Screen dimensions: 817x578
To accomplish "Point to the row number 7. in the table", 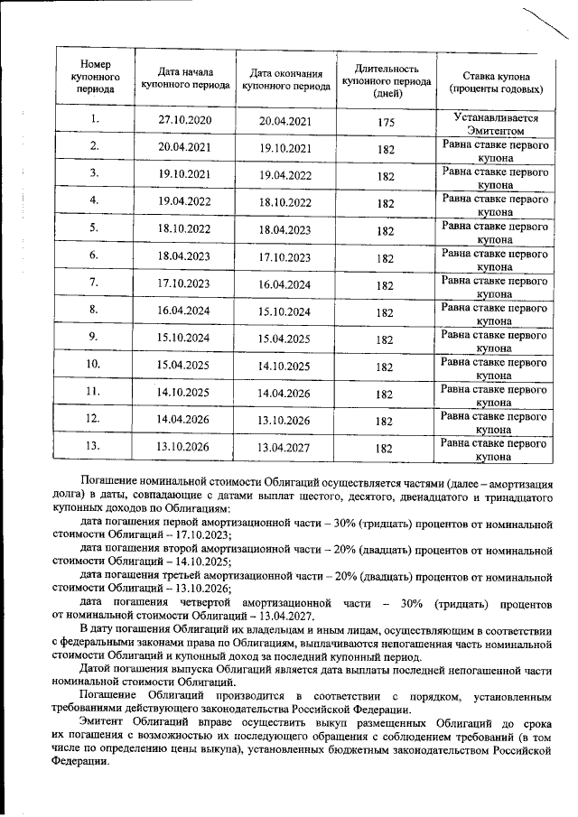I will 94,283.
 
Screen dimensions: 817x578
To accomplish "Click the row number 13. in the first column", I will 94,445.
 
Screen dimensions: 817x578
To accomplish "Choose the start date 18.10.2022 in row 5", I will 183,228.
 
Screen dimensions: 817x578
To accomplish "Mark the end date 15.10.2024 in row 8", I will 284,311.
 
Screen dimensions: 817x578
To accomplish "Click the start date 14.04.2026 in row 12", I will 183,419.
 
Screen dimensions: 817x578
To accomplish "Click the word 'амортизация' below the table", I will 523,483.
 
